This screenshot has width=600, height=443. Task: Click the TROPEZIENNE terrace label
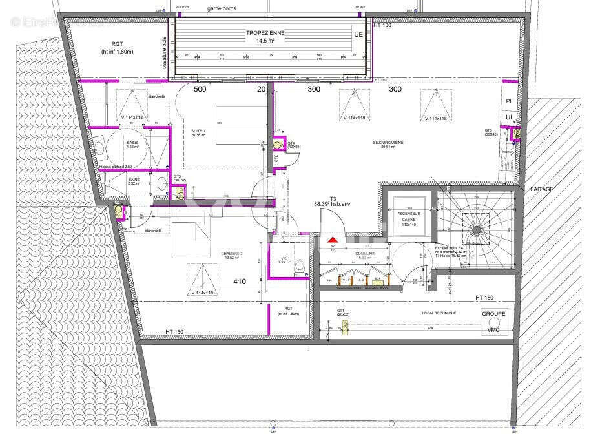pyautogui.click(x=265, y=33)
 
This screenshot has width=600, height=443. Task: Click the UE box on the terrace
pyautogui.click(x=358, y=34)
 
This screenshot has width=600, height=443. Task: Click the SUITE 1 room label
pyautogui.click(x=198, y=132)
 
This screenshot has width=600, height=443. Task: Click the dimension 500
pyautogui.click(x=200, y=89)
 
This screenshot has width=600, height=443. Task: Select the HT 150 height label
pyautogui.click(x=174, y=332)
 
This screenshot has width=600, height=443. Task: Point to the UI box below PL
pyautogui.click(x=509, y=117)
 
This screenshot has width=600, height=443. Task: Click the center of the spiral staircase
pyautogui.click(x=477, y=230)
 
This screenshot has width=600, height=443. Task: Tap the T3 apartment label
pyautogui.click(x=333, y=198)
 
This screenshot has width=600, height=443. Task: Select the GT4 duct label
pyautogui.click(x=291, y=144)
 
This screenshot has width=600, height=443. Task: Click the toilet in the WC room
pyautogui.click(x=299, y=267)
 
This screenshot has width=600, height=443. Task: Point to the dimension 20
pyautogui.click(x=261, y=89)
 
